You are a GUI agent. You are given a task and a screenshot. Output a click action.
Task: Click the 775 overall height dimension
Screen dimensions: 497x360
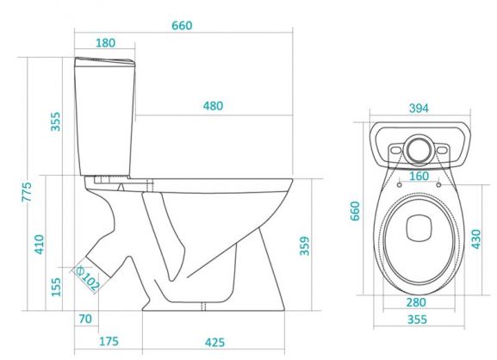pyautogui.click(x=27, y=192)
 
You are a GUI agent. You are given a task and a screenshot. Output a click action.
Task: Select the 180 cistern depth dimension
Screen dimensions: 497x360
pyautogui.click(x=106, y=43)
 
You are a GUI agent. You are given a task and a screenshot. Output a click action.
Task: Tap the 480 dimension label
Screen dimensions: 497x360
pyautogui.click(x=213, y=106)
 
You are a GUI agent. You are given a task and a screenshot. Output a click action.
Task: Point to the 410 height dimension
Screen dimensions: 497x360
pyautogui.click(x=40, y=244)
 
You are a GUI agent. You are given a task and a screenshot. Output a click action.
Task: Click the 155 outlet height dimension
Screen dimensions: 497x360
pyautogui.click(x=56, y=287)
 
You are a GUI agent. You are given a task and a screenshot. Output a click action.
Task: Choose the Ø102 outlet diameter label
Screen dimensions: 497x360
pyautogui.click(x=86, y=278)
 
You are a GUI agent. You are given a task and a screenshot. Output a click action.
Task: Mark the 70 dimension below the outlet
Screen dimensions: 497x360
pyautogui.click(x=85, y=319)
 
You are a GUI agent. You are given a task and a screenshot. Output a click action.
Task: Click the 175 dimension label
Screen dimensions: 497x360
pyautogui.click(x=109, y=341)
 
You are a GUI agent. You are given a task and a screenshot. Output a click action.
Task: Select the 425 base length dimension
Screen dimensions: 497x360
pyautogui.click(x=214, y=342)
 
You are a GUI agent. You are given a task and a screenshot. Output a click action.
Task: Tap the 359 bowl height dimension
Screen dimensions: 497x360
pyautogui.click(x=305, y=245)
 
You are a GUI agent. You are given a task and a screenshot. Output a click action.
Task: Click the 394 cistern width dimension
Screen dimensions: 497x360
pyautogui.click(x=419, y=109)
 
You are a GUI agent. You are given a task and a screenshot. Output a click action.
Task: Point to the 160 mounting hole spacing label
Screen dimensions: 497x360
pyautogui.click(x=419, y=177)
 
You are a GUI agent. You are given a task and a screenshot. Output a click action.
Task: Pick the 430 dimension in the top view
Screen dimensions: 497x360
pyautogui.click(x=476, y=239)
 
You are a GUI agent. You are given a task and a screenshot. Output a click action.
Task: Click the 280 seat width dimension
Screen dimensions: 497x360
pyautogui.click(x=416, y=302)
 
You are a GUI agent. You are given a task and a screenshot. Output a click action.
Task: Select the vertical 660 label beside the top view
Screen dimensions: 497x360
pyautogui.click(x=355, y=211)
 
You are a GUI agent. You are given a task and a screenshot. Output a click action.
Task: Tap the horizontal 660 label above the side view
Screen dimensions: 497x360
pyautogui.click(x=182, y=25)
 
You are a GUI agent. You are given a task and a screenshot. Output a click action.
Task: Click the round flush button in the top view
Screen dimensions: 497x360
pyautogui.click(x=419, y=151)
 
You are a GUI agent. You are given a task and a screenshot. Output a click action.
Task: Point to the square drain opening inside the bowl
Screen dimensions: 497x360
pyautogui.click(x=419, y=228)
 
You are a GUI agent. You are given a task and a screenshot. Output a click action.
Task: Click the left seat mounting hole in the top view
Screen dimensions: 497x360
pyautogui.click(x=400, y=184)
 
